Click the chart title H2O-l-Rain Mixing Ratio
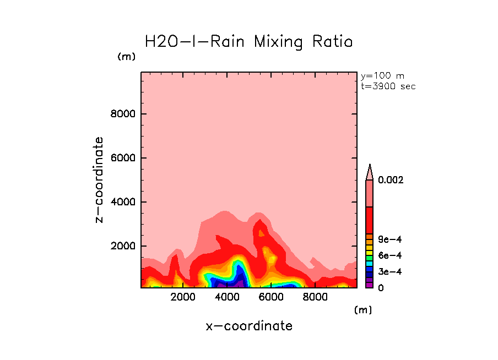click(x=248, y=42)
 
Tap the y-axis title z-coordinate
click(x=100, y=180)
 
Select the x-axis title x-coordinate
click(x=249, y=326)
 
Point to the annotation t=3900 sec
click(x=388, y=86)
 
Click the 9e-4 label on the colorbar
click(x=389, y=239)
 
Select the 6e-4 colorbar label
click(x=389, y=255)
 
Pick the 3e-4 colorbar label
click(x=389, y=272)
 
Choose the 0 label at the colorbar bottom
click(x=381, y=288)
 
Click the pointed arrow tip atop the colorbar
click(x=370, y=167)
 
